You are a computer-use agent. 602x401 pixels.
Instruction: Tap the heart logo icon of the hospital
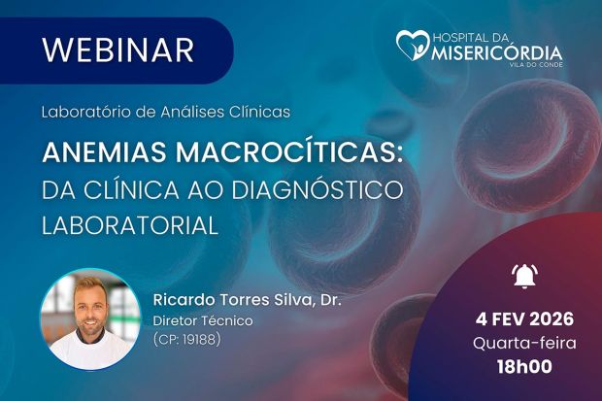click(x=412, y=45)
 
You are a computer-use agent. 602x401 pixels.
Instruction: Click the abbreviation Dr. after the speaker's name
click(x=330, y=299)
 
